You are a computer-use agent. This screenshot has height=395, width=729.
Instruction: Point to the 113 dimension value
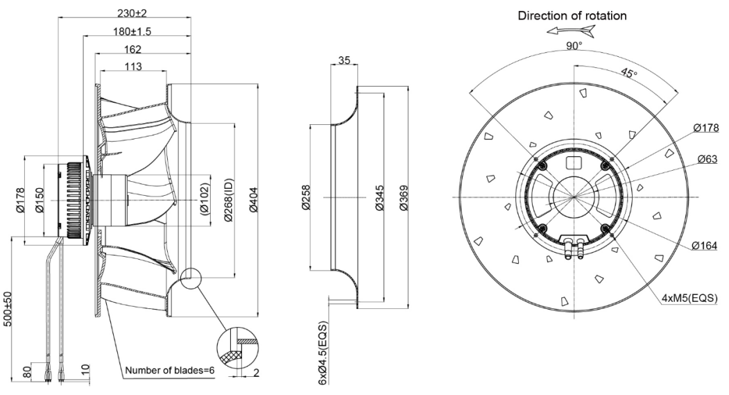[134, 66]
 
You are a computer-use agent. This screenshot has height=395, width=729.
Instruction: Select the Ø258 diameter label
[304, 197]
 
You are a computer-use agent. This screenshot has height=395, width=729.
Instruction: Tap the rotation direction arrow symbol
[570, 31]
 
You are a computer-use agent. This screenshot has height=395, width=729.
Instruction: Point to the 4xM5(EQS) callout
[689, 299]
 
